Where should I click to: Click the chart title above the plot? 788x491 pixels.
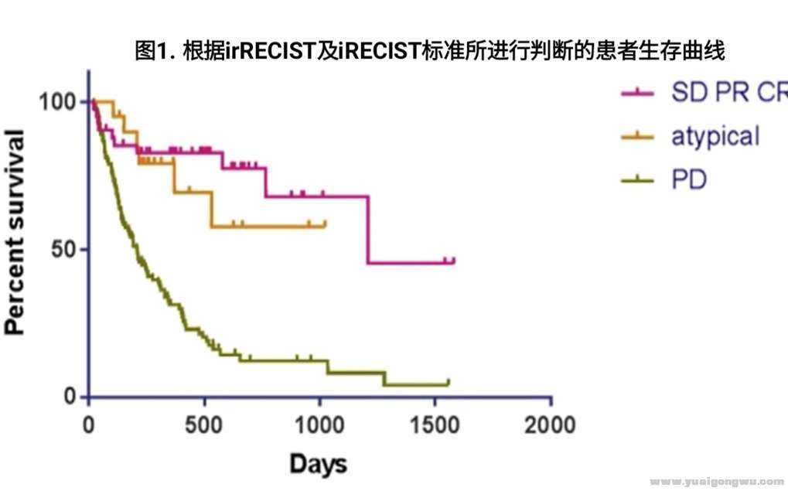429,52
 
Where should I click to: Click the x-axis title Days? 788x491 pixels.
318,464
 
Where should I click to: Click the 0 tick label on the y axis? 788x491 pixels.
71,397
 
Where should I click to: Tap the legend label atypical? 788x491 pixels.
715,136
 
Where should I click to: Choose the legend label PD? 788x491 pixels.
689,180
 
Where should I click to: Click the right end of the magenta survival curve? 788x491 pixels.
454,261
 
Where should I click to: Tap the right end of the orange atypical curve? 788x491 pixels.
326,224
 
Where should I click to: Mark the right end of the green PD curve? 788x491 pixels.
448,382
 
